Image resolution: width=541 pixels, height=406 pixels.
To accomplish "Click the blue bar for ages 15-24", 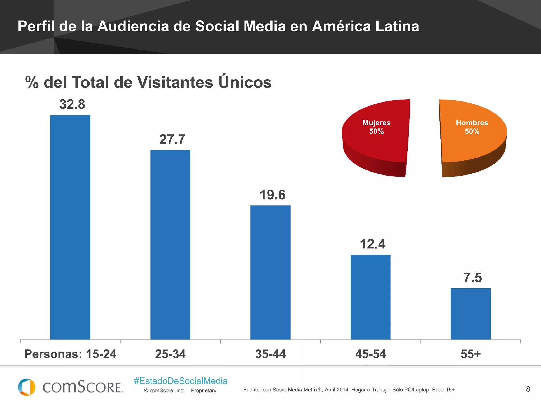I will tap(70, 227).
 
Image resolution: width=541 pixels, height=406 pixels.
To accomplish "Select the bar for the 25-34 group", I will tap(170, 245).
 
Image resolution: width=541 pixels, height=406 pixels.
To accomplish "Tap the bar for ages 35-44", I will tap(270, 272).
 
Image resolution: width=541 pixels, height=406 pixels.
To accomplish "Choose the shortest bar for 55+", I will tap(470, 314).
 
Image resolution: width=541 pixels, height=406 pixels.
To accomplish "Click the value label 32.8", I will tap(72, 104).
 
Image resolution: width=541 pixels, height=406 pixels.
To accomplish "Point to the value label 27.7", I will tap(172, 139).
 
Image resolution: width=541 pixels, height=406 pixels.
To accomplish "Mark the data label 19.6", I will tap(272, 195).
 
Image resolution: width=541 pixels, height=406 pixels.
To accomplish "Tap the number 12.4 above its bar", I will tap(372, 244).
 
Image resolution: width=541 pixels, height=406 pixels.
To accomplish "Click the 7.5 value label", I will tap(473, 278).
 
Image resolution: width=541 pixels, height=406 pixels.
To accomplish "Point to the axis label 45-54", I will tap(370, 354).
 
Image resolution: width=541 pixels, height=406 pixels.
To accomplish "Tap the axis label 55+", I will tap(470, 354).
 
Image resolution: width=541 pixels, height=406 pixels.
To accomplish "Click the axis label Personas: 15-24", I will tap(70, 354).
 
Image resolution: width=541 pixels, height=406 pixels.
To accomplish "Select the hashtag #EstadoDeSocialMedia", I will tap(181, 381).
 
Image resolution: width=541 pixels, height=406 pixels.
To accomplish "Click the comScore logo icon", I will tap(27, 387).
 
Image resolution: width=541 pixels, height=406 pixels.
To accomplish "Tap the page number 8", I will tap(528, 389).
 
